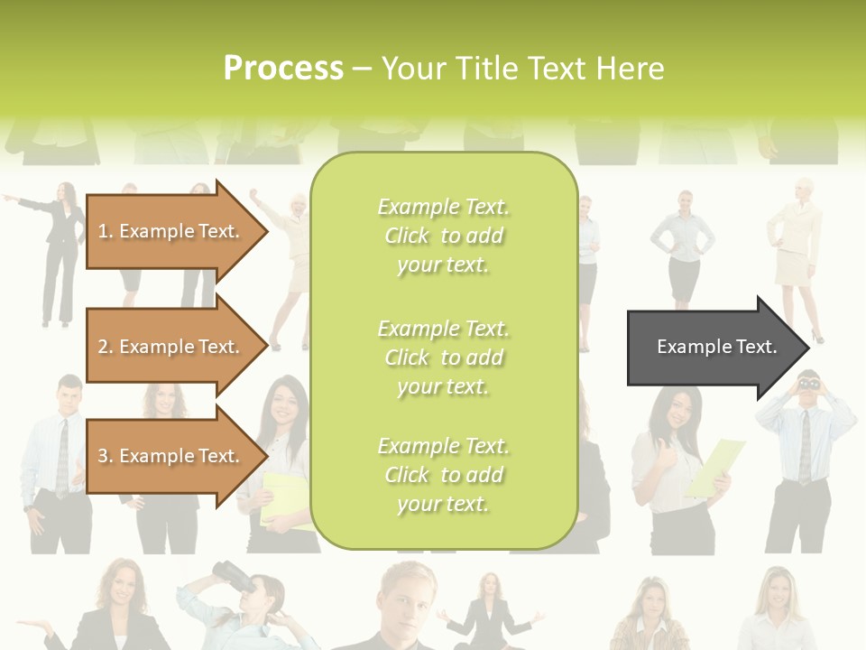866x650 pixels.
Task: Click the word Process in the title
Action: (x=283, y=69)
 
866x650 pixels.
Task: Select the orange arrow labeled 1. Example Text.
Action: (x=171, y=231)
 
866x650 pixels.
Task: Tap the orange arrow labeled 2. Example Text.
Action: (x=171, y=347)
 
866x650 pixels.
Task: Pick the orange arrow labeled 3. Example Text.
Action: (x=171, y=456)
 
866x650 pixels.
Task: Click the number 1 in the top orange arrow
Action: (x=103, y=231)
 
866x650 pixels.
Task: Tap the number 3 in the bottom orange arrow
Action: (x=103, y=456)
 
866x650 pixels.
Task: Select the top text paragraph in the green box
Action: (x=443, y=236)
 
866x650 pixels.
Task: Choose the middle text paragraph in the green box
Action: (x=443, y=357)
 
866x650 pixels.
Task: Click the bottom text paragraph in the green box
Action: (x=443, y=475)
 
